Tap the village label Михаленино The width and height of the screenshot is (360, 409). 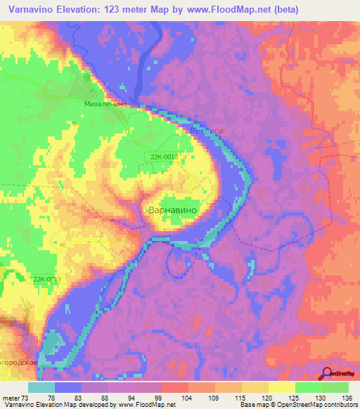pos(105,103)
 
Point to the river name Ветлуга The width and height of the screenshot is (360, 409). pos(206,131)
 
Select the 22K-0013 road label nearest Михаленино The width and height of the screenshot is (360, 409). pos(162,156)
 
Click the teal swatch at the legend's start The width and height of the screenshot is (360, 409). pos(41,387)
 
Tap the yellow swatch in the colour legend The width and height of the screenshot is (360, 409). pos(281,387)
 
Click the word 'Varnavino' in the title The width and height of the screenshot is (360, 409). pos(32,9)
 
